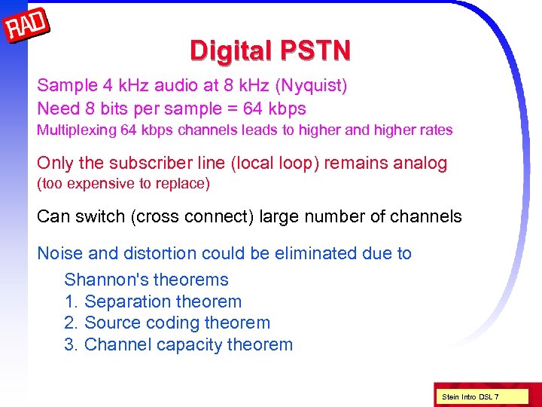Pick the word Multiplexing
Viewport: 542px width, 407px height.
(77, 130)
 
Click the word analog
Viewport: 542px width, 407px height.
(420, 163)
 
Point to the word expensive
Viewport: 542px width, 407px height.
(93, 183)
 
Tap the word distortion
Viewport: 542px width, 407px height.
(148, 253)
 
